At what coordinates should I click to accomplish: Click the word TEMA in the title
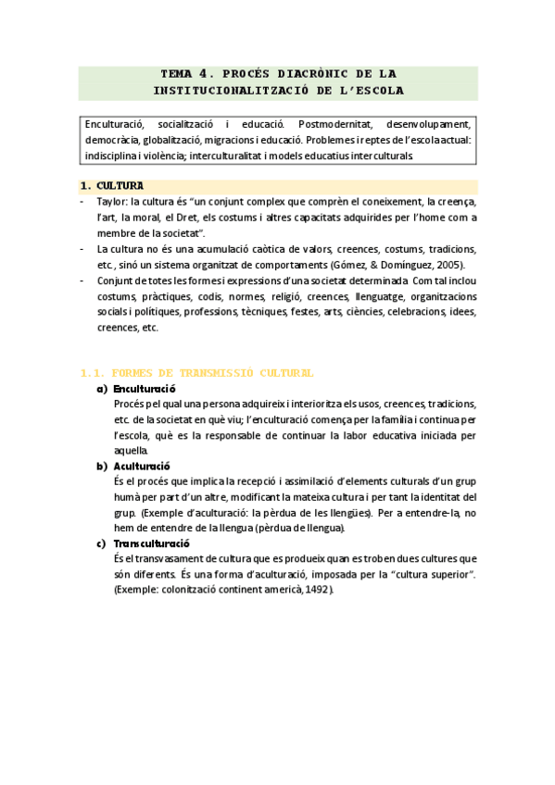tap(176, 73)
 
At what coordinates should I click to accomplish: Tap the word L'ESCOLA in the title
tap(371, 91)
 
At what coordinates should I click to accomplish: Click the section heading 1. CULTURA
tap(112, 186)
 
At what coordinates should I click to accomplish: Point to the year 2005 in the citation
tap(445, 265)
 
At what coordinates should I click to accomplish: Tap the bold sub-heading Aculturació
tap(142, 467)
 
